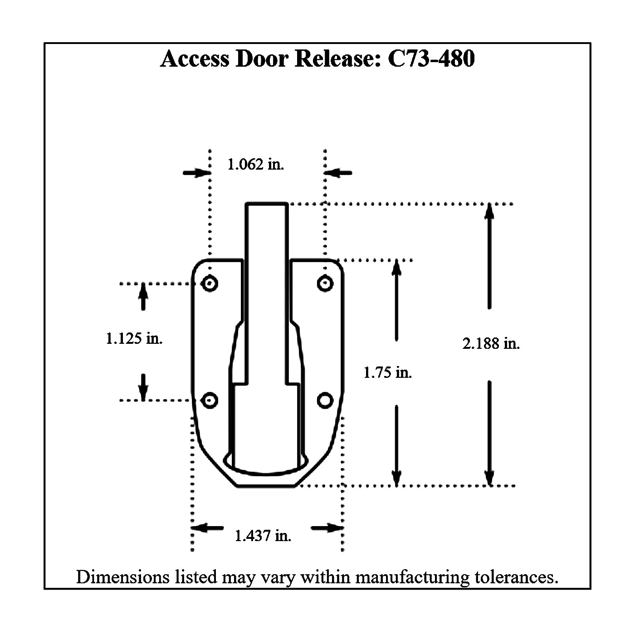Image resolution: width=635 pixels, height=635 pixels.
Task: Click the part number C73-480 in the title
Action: coord(431,59)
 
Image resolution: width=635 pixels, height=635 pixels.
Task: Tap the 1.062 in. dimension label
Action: coord(255,164)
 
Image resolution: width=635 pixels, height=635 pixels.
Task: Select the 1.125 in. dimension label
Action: coord(134,338)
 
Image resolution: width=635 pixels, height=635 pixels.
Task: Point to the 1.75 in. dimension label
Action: coord(387,373)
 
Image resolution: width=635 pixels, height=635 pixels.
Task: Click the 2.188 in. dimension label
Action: coord(491,344)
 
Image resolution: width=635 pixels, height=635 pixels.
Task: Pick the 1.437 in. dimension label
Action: coord(263,536)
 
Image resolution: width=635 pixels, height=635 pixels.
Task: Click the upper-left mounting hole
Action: coord(210,284)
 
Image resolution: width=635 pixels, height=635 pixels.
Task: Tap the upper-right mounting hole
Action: coord(325,284)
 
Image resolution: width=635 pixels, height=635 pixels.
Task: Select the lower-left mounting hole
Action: coord(210,401)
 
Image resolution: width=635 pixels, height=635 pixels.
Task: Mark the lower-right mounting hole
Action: coord(325,401)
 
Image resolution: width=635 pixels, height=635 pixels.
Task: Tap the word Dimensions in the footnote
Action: coord(122,577)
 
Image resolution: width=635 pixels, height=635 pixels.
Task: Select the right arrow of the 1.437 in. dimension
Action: coord(327,528)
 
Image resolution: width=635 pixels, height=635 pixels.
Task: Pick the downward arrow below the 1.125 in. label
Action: coord(143,388)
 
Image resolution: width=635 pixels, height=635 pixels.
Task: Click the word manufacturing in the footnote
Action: coord(412,577)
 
